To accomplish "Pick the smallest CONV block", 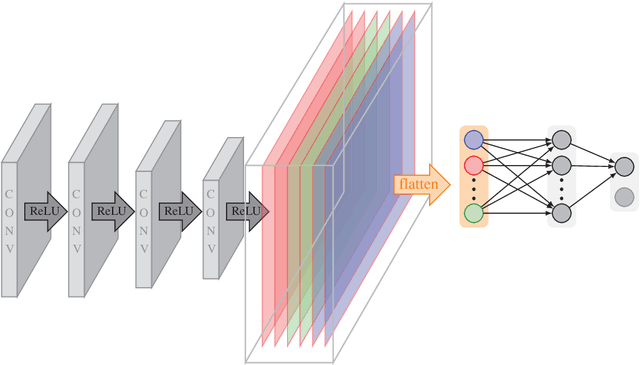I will [x=213, y=213].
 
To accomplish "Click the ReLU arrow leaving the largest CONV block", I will [x=41, y=212].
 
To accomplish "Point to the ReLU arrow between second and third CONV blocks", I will [x=110, y=212].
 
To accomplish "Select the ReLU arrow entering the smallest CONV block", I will [x=178, y=212].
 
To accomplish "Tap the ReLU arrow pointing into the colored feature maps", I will [x=245, y=212].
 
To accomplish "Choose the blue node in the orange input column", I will [x=473, y=139].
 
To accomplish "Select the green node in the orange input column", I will [x=473, y=212].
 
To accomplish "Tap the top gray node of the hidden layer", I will [x=562, y=139].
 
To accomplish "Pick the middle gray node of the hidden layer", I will [x=562, y=163].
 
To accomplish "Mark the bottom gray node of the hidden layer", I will [x=562, y=212].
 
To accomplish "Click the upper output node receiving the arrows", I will [x=624, y=165].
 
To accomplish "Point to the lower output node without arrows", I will [x=624, y=196].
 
